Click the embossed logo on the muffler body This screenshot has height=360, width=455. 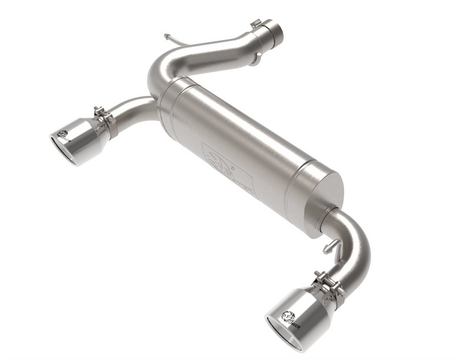pos(226,164)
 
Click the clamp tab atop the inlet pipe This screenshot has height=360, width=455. pos(256,24)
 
